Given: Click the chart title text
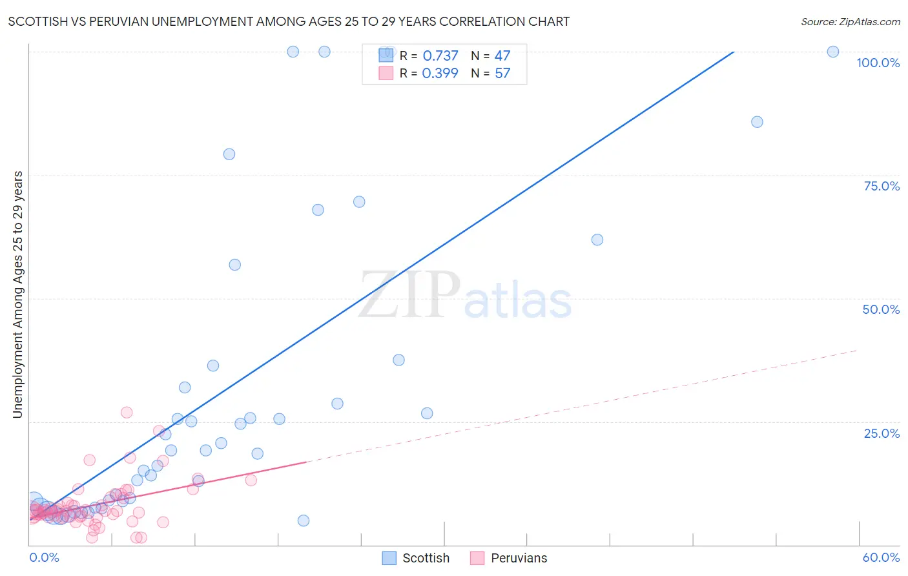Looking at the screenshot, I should pos(289,21).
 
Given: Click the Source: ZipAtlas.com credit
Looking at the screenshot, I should pos(850,21).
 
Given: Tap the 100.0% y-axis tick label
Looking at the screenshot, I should pos(878,63).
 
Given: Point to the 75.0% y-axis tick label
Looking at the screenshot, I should pos(882,186).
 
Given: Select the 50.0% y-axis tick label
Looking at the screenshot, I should pos(881,309).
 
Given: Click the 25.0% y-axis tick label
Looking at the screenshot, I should pos(882,433).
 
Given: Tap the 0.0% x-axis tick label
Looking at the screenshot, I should pos(44,557).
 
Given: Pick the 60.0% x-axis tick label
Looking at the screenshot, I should pos(881,557).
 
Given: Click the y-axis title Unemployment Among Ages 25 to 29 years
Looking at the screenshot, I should pos(18,294).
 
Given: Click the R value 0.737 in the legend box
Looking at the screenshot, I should pos(440,56).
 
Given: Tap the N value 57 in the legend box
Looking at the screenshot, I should pos(502,74).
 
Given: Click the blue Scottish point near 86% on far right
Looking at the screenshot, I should pos(757,122).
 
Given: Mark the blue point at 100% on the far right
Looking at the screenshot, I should pos(833,52).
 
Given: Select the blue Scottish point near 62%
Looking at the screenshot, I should pos(597,240).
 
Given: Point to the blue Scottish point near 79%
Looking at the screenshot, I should pos(229,154).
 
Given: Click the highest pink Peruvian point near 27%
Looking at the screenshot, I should pos(127,413).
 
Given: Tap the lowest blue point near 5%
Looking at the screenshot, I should pos(304,520).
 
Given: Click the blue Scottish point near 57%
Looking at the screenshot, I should pos(235,265).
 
